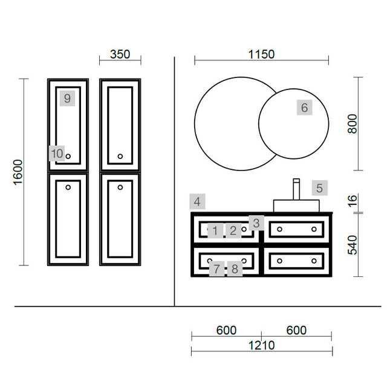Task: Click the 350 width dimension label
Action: click(x=120, y=54)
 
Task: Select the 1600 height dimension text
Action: click(x=18, y=172)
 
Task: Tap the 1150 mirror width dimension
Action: click(x=261, y=54)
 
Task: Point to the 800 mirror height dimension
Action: click(x=353, y=124)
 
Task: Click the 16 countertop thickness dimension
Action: click(x=353, y=201)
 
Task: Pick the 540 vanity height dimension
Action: click(x=353, y=245)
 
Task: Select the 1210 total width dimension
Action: click(x=261, y=345)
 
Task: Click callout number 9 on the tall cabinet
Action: click(x=67, y=99)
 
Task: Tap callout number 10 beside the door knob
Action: click(x=57, y=154)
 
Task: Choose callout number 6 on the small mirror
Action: click(x=304, y=108)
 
